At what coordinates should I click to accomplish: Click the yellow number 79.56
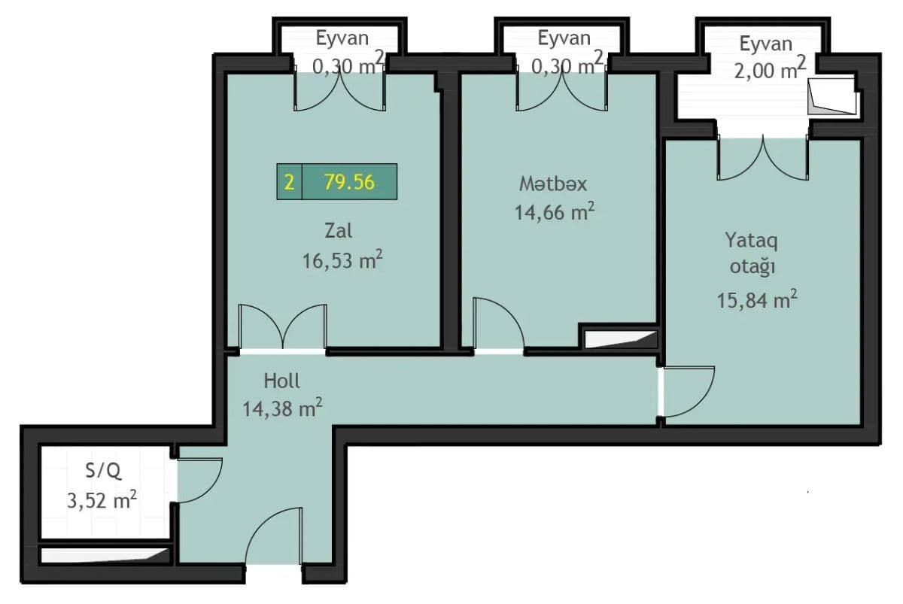pyautogui.click(x=349, y=182)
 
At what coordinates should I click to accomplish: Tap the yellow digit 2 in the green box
pyautogui.click(x=289, y=182)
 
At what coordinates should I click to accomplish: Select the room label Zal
pyautogui.click(x=338, y=231)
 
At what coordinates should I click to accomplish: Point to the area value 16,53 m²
pyautogui.click(x=342, y=260)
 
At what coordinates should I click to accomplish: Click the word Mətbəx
pyautogui.click(x=552, y=184)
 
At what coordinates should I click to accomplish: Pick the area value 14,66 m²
pyautogui.click(x=555, y=211)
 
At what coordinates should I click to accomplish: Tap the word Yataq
pyautogui.click(x=752, y=241)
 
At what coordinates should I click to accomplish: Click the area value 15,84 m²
pyautogui.click(x=757, y=300)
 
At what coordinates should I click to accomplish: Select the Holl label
pyautogui.click(x=281, y=381)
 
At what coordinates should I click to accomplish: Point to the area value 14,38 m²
pyautogui.click(x=282, y=408)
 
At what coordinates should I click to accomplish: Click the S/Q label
pyautogui.click(x=103, y=471)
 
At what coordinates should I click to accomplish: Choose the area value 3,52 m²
pyautogui.click(x=102, y=500)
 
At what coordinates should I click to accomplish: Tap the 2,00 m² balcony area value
pyautogui.click(x=770, y=70)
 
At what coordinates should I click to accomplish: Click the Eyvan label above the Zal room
pyautogui.click(x=342, y=38)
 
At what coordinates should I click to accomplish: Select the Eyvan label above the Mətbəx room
pyautogui.click(x=564, y=38)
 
